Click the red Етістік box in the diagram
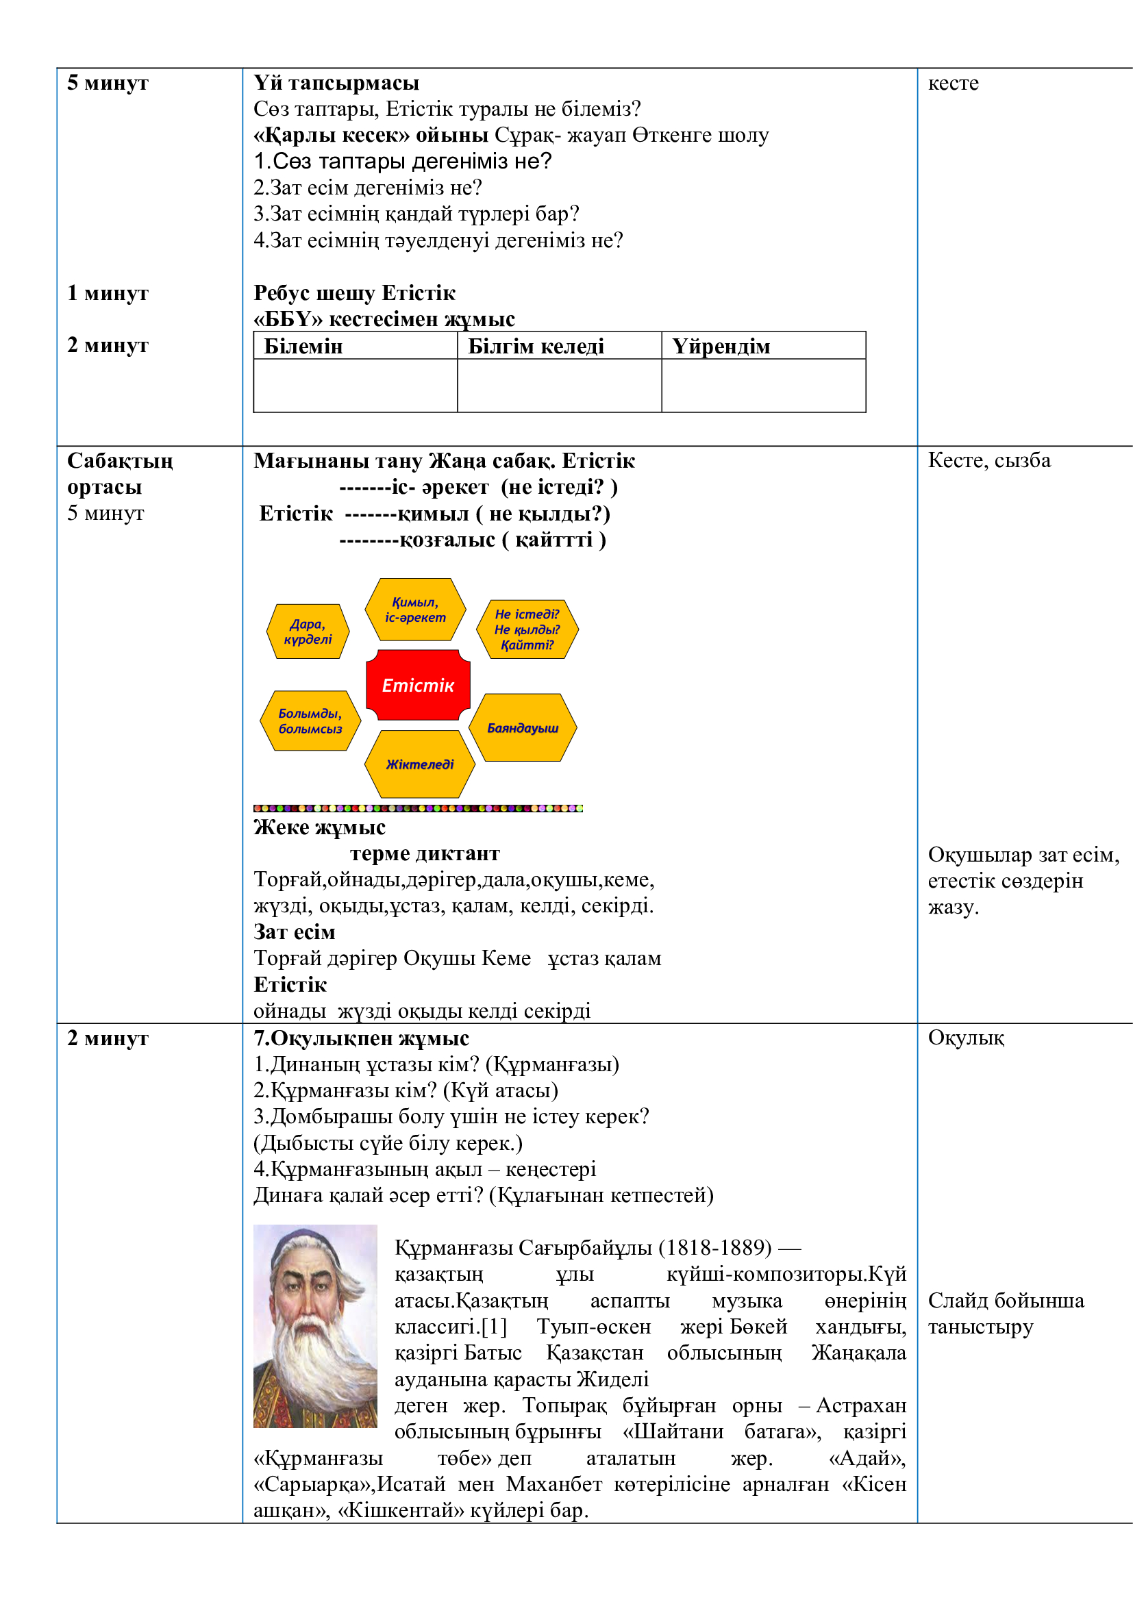pos(418,685)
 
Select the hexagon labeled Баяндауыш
pos(523,728)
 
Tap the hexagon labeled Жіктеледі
pos(420,764)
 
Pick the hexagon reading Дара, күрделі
pos(308,631)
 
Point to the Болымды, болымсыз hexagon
pos(310,721)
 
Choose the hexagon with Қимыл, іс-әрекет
pos(415,609)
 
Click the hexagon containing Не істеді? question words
pos(527,629)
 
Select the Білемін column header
pos(303,346)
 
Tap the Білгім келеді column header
pos(536,346)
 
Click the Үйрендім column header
pos(721,346)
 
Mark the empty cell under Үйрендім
pos(763,385)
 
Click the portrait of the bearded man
pos(314,1326)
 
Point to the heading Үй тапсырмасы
pos(336,83)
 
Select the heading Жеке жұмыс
pos(319,827)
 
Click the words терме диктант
pos(425,853)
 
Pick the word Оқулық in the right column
pos(966,1038)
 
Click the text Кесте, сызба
pos(988,460)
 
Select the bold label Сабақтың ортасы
pos(120,474)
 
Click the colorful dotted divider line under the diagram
pos(418,808)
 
